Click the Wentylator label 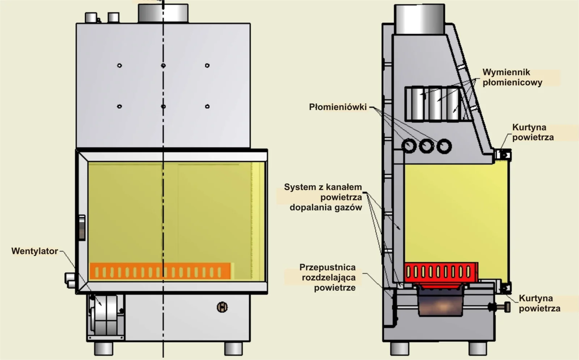(35, 251)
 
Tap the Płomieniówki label (338, 107)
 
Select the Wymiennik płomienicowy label (512, 77)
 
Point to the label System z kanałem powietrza (323, 192)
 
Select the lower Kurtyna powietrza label (539, 303)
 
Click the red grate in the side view (440, 272)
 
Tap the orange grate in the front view (160, 271)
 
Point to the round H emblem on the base (222, 307)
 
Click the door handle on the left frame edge (82, 227)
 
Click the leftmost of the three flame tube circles (409, 146)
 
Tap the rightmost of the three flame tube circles (444, 146)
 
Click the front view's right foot (233, 348)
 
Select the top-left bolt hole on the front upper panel (119, 66)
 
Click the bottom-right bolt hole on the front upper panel (207, 106)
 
